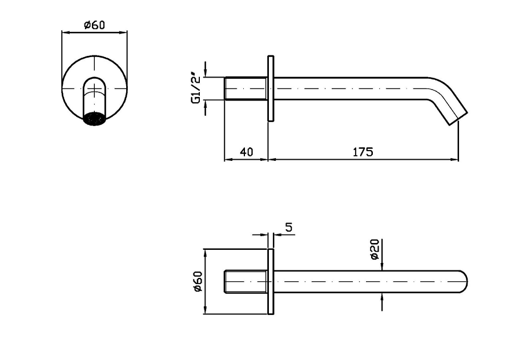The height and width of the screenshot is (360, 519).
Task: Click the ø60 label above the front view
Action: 94,25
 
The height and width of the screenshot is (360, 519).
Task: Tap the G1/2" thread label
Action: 196,89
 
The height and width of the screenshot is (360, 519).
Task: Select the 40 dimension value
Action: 246,152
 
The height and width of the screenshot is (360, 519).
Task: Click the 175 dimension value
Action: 363,152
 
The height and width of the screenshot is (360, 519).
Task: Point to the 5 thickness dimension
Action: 289,228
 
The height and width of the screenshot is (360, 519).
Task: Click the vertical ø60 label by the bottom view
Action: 198,282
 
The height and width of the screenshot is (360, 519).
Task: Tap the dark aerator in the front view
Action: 95,119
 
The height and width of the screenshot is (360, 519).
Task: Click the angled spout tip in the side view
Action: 458,118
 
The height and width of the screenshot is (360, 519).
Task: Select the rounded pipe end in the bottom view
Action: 464,282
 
